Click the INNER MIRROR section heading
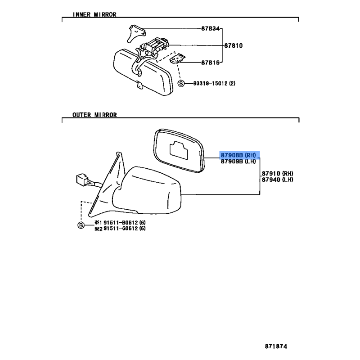coord(94,14)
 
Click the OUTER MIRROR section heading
coord(94,115)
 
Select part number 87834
coord(211,29)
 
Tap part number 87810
coord(234,45)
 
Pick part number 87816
coord(211,63)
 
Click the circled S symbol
coord(181,83)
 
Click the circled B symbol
coord(81,225)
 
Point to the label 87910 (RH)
coord(277,173)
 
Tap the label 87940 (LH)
coord(277,180)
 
